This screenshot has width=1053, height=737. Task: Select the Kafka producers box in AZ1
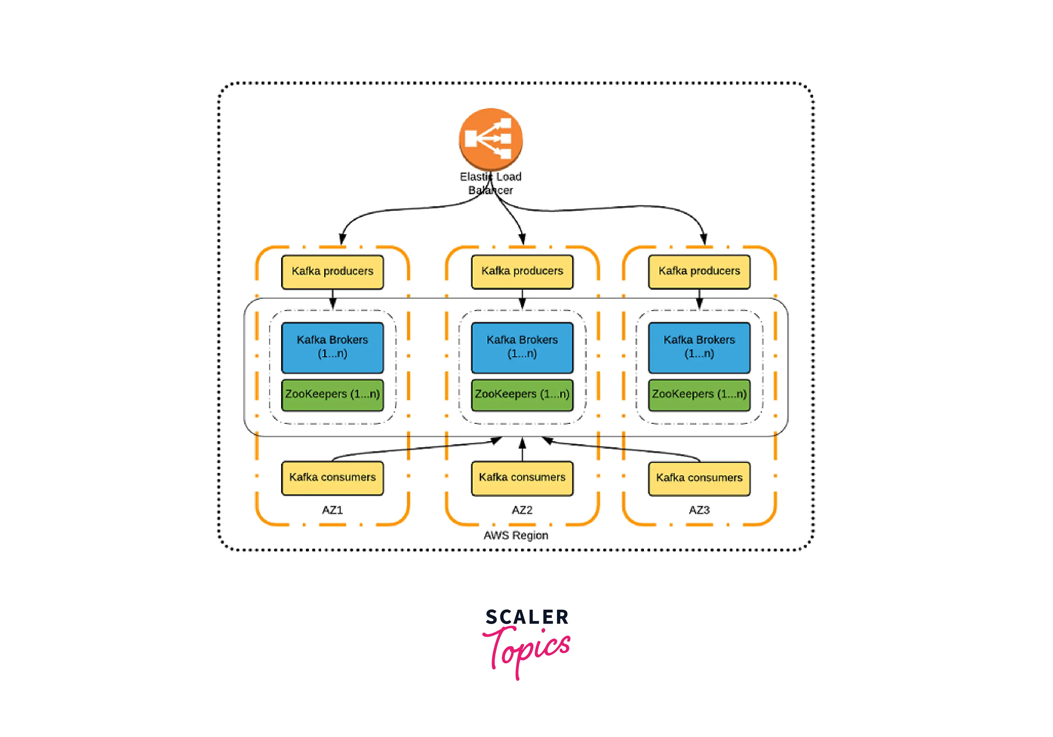333,272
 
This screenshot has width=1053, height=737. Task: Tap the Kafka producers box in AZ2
522,272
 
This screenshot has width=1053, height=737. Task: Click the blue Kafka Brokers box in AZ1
333,347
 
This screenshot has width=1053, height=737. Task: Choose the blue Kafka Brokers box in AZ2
522,347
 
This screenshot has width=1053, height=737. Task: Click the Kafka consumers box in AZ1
333,478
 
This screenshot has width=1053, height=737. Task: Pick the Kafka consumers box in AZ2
522,478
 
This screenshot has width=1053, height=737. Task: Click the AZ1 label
333,510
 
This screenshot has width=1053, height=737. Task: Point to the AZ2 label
522,510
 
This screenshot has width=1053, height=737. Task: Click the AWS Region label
516,535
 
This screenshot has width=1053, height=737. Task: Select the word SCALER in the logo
527,617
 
